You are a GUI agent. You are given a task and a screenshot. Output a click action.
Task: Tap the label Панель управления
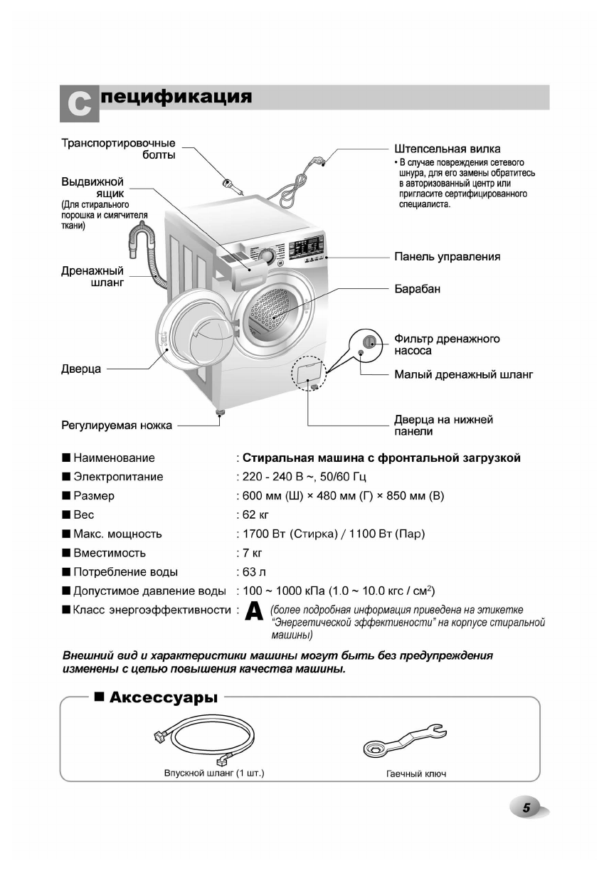coord(447,257)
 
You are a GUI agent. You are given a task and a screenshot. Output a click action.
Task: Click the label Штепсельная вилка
coord(447,149)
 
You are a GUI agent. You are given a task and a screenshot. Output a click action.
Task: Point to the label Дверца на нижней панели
coord(443,426)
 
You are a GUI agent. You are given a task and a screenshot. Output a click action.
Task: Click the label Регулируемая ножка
coord(116,426)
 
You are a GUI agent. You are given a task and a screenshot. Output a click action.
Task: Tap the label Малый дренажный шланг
coord(463,374)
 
